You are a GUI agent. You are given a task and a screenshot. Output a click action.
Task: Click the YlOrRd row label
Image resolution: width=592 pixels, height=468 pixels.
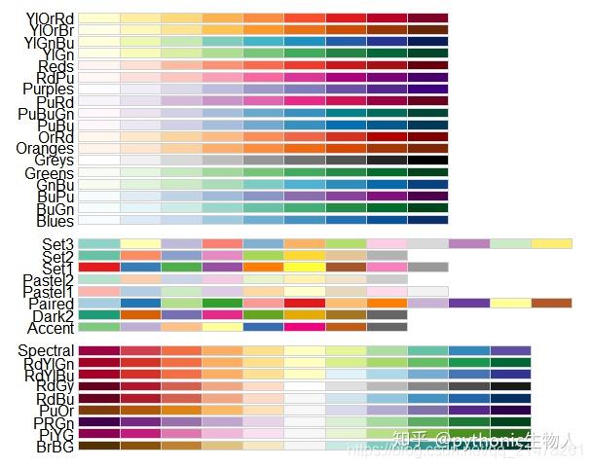tap(48, 18)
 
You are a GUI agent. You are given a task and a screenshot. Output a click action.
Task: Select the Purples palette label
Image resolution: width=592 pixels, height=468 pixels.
tap(48, 90)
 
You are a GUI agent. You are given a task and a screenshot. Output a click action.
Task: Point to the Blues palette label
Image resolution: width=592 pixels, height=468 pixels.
tap(54, 221)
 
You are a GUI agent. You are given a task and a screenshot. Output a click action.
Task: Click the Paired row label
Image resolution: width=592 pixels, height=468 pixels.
tap(52, 304)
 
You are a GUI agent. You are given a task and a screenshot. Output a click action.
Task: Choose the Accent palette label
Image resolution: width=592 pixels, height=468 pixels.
tap(53, 328)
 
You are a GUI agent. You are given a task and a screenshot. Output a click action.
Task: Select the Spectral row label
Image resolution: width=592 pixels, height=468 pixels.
tap(47, 350)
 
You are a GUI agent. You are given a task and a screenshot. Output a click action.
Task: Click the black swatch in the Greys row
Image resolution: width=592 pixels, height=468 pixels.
tap(427, 160)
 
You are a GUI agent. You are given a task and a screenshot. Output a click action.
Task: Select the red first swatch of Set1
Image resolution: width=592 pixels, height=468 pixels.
tap(98, 267)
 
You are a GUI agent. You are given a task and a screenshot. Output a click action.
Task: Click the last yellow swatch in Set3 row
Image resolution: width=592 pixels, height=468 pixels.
tap(551, 243)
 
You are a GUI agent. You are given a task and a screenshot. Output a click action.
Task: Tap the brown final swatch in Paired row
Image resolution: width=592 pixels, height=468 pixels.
tap(551, 304)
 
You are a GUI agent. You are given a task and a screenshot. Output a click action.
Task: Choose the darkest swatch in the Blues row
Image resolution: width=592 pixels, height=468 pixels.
tap(427, 220)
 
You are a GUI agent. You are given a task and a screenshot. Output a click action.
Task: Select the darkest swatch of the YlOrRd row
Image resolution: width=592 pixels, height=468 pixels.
tap(427, 18)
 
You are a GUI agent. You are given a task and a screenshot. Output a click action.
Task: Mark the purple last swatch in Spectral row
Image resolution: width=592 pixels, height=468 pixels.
tap(510, 350)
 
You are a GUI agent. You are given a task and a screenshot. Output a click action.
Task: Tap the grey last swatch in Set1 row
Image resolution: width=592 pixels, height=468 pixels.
tap(427, 267)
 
